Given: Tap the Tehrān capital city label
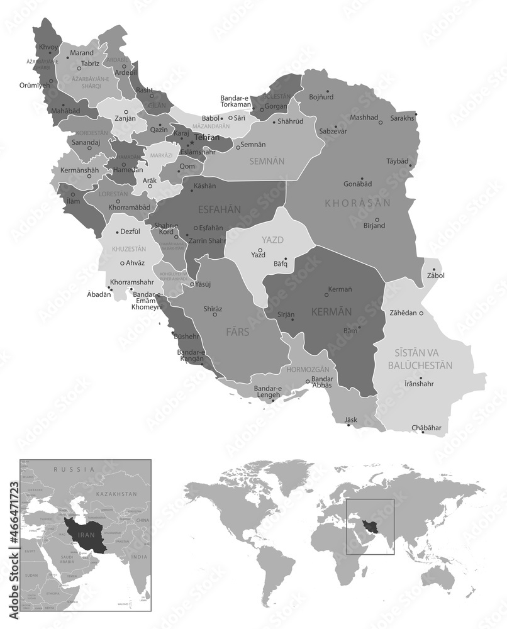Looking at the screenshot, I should [x=207, y=137].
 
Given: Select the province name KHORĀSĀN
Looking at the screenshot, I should [x=358, y=203].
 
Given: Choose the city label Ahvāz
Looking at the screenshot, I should [x=135, y=263].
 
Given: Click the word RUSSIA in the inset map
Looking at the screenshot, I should [x=74, y=469].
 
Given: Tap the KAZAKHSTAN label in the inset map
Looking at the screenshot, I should [x=116, y=495].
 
